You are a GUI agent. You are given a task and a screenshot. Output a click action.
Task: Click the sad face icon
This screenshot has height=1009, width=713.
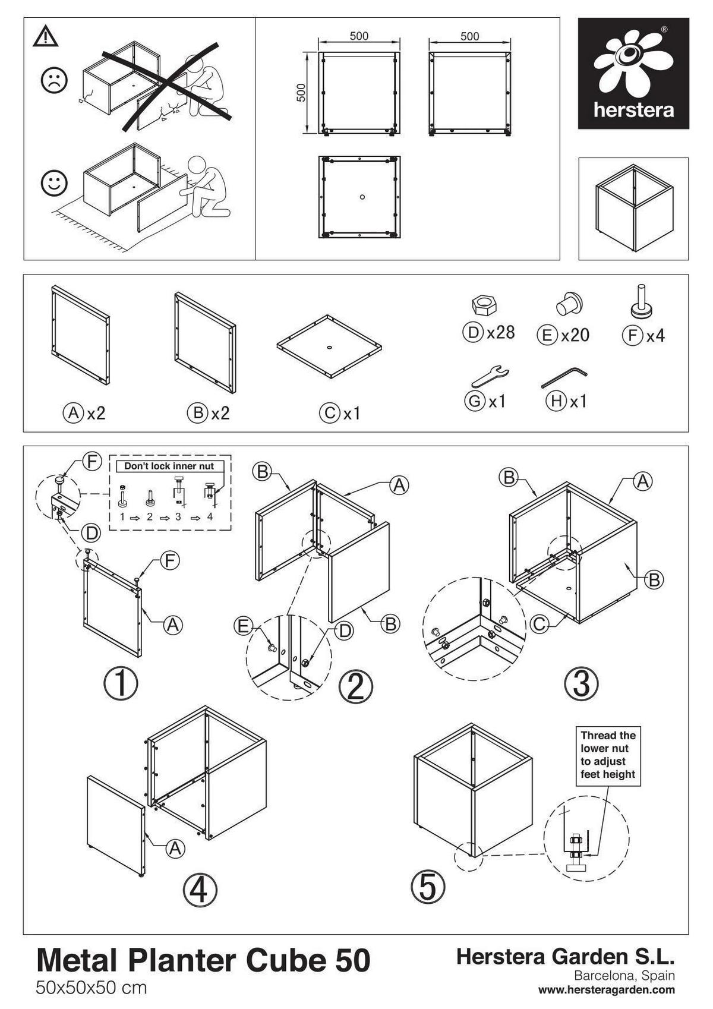(x=54, y=80)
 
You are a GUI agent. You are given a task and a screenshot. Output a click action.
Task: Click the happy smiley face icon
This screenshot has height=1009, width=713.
(x=54, y=182)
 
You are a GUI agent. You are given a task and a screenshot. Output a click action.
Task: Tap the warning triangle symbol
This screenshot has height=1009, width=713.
(x=46, y=37)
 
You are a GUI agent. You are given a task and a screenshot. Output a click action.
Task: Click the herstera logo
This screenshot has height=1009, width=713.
(x=633, y=73)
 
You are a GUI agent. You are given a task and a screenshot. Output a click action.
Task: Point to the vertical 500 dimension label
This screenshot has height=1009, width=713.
(x=301, y=93)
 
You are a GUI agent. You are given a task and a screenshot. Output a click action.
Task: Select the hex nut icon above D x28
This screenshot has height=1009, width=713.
(x=484, y=305)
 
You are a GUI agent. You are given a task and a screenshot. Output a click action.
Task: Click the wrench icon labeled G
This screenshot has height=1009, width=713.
(x=491, y=376)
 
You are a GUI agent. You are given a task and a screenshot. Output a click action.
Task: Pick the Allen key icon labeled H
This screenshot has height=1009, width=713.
(x=564, y=378)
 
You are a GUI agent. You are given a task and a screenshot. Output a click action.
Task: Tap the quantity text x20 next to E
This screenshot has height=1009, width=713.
(x=576, y=335)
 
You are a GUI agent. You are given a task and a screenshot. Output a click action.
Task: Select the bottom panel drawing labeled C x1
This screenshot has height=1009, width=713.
(x=329, y=347)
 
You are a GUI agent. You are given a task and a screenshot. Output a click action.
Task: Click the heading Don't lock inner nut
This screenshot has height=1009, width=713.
(x=169, y=466)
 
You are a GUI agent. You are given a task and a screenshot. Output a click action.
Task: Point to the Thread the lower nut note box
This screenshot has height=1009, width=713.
(x=608, y=755)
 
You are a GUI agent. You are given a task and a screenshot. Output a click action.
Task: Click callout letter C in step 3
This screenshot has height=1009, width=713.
(x=538, y=624)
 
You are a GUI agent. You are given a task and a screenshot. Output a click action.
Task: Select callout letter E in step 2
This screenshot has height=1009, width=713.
(x=243, y=625)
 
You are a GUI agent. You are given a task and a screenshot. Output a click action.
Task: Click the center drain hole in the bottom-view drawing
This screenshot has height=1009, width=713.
(x=362, y=197)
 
